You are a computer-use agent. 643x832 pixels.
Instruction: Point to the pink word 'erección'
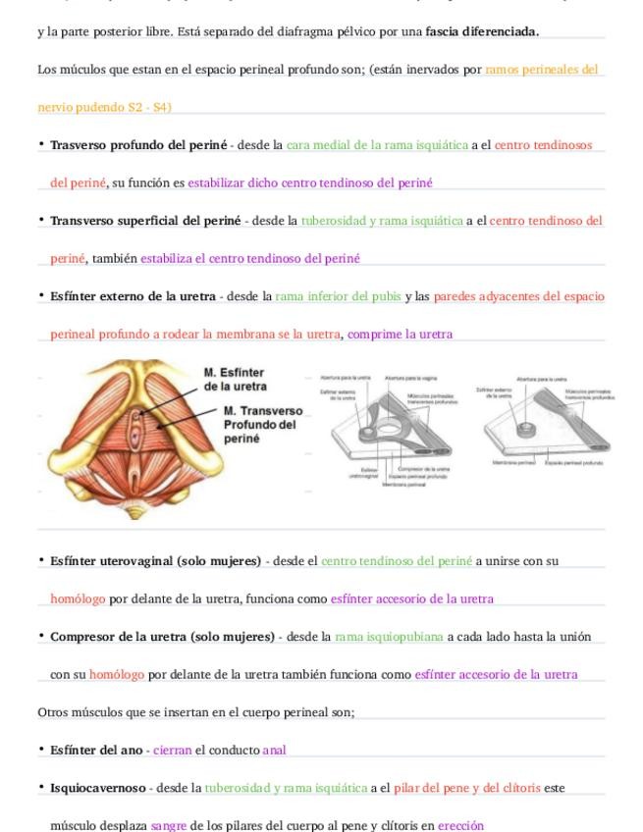click(460, 825)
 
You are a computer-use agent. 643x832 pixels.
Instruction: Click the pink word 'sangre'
click(169, 825)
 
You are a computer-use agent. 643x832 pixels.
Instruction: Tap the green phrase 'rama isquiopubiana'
click(389, 637)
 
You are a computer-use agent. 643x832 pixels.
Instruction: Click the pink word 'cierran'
click(173, 750)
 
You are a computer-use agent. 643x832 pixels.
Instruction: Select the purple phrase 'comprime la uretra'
click(400, 335)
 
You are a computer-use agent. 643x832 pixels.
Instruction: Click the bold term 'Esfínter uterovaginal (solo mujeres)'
click(155, 561)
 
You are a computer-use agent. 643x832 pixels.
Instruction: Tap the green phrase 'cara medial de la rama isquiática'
click(377, 145)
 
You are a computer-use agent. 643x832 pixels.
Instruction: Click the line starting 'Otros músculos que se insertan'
click(195, 712)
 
